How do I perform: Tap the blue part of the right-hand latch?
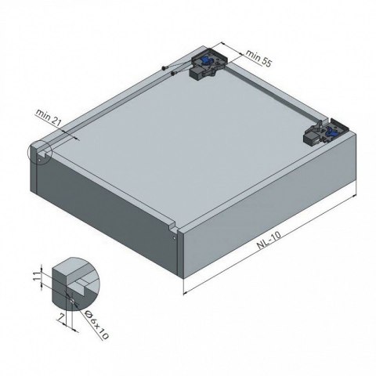click(x=327, y=132)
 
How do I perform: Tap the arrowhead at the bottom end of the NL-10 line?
click(x=185, y=295)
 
